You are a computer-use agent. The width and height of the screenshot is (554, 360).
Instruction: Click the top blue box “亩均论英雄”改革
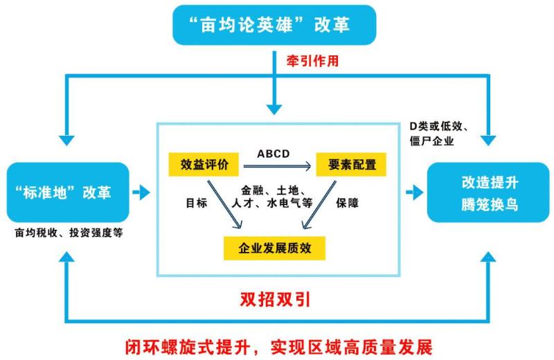click(274, 25)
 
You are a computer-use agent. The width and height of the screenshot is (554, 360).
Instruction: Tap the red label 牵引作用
click(312, 61)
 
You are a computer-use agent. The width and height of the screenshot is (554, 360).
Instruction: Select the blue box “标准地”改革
click(68, 192)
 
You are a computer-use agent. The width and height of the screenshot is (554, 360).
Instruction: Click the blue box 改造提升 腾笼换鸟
click(488, 192)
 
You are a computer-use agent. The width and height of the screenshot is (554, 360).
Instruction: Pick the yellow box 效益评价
click(204, 164)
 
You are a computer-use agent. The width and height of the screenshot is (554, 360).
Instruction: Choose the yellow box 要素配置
click(351, 164)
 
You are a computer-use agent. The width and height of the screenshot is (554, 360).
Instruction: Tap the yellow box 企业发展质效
click(274, 248)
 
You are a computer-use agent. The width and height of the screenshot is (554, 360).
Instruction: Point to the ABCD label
click(273, 154)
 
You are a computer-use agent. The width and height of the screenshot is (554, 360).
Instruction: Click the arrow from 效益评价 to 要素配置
click(278, 166)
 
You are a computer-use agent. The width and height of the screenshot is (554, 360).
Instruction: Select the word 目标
click(197, 203)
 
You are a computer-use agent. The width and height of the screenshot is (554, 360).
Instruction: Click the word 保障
click(348, 203)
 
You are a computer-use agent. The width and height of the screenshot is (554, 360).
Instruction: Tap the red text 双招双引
click(275, 300)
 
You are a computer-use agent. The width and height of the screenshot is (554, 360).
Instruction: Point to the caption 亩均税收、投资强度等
click(69, 233)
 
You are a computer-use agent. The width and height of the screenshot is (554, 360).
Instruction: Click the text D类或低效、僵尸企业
click(439, 134)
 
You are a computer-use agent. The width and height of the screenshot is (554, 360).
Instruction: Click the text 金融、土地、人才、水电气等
click(272, 197)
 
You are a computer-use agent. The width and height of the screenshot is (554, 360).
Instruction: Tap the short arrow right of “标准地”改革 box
click(141, 192)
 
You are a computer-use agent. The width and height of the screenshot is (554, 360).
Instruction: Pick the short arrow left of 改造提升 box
click(415, 192)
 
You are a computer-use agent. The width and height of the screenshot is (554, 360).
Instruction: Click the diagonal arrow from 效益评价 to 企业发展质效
click(224, 204)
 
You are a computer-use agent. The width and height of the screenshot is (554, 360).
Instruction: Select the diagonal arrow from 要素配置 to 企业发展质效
click(319, 204)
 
